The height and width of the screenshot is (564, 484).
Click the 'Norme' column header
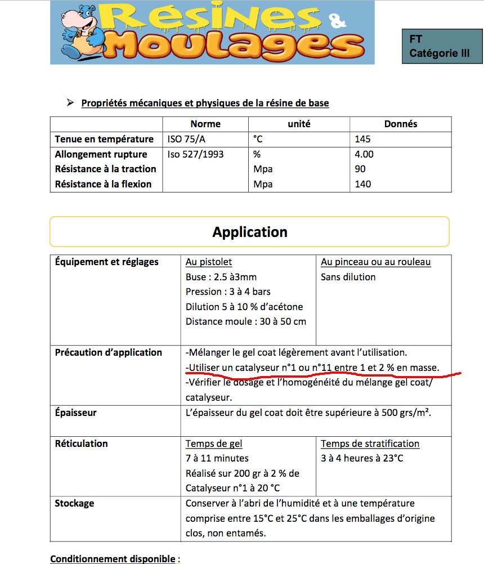[x=205, y=124]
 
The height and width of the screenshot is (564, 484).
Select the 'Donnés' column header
[x=400, y=124]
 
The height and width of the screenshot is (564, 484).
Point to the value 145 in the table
[x=363, y=139]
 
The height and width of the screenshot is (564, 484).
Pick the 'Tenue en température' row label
[x=104, y=139]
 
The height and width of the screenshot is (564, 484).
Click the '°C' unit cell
[x=258, y=139]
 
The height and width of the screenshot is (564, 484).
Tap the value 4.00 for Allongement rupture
[x=364, y=154]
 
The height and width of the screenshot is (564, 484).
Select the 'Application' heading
[x=250, y=232]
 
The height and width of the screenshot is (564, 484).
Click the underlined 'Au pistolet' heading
[x=209, y=262]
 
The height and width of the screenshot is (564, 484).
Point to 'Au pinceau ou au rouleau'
[x=375, y=262]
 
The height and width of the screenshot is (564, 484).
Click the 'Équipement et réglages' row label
[x=107, y=262]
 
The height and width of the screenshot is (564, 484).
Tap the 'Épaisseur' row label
[x=75, y=413]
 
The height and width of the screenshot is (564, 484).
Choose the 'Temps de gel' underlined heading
[x=214, y=444]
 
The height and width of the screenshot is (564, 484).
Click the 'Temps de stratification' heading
[x=370, y=444]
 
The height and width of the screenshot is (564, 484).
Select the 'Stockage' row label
[x=74, y=503]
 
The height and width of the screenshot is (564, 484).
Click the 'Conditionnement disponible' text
[x=113, y=559]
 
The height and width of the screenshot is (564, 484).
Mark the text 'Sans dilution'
[x=348, y=277]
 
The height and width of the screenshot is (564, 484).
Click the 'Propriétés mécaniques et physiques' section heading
[x=205, y=103]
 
